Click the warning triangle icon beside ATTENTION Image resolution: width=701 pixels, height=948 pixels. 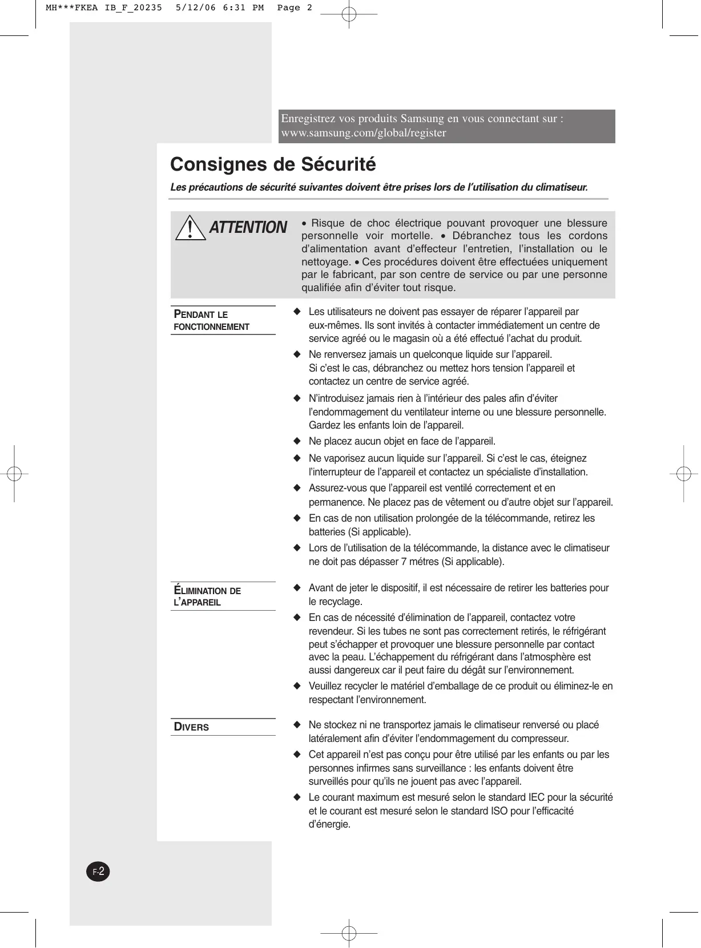point(191,228)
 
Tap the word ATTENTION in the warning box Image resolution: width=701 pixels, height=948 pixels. point(248,228)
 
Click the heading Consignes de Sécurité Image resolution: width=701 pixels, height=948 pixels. point(273,164)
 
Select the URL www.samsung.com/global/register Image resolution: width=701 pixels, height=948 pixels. point(364,133)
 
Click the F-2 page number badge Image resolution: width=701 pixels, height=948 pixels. point(98,872)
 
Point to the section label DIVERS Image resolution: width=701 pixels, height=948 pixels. point(192,727)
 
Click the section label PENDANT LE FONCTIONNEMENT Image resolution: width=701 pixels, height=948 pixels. point(211,321)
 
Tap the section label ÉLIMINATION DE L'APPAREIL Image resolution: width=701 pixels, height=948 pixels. point(207,596)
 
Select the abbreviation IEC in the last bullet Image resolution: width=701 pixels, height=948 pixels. point(538,797)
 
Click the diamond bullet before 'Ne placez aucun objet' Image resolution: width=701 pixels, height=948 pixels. point(296,441)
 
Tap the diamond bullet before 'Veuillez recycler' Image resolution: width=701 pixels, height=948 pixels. point(296,686)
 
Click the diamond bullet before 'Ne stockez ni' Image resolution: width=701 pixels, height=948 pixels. point(296,725)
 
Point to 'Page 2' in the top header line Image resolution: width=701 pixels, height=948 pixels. point(295,7)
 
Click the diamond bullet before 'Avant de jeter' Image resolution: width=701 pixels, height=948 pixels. point(296,588)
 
